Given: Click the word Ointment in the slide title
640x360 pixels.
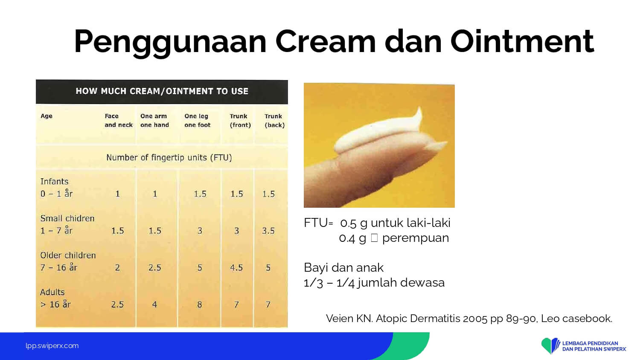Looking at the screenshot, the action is [522, 41].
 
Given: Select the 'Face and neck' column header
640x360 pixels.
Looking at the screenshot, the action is [119, 120].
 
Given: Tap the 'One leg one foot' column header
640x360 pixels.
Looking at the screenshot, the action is [197, 120].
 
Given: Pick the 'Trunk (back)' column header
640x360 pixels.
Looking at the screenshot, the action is [274, 121].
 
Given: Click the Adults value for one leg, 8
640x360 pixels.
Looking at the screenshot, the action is [199, 305].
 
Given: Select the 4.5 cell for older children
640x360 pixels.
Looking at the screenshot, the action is [236, 268].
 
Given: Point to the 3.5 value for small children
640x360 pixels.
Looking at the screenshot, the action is [268, 231].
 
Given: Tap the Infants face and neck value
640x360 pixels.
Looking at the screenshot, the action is [117, 194].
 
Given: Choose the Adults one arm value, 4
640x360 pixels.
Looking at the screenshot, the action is [154, 305].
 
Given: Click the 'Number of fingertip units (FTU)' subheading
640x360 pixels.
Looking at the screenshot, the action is [169, 158].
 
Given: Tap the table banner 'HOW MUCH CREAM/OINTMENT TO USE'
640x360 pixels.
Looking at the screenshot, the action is [162, 91].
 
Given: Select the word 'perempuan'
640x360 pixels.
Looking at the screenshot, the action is [416, 238].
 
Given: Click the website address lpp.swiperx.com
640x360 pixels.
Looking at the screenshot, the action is [52, 346].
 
